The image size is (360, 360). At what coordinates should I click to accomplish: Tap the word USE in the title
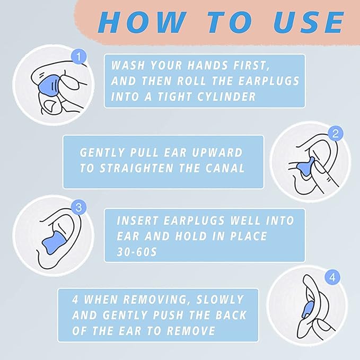tap(309, 22)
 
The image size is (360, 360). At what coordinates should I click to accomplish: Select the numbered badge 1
tap(79, 57)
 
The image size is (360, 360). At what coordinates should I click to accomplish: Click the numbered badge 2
tap(336, 134)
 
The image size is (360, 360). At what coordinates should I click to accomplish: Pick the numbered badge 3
tap(79, 207)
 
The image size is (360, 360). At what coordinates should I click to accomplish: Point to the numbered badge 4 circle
tap(332, 278)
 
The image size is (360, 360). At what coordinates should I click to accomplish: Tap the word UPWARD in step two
tap(217, 153)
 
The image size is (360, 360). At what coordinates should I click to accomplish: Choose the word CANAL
tap(225, 168)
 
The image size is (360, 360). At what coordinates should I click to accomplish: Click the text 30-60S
tap(137, 252)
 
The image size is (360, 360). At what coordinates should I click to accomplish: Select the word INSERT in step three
tap(137, 221)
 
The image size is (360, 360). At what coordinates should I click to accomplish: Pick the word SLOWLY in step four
tap(220, 300)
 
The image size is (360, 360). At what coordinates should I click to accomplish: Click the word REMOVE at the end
tap(191, 331)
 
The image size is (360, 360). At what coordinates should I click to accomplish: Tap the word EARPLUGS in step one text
tap(269, 81)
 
